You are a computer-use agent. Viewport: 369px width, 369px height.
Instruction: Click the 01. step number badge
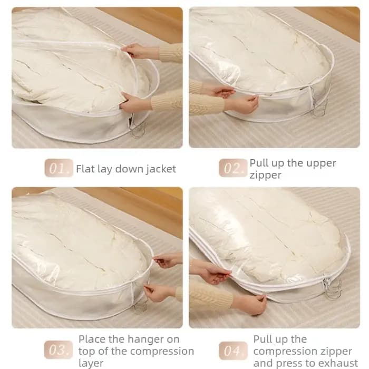[59, 168]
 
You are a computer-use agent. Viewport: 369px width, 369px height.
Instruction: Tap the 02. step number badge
[233, 168]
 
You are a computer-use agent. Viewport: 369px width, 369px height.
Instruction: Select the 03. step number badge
[59, 350]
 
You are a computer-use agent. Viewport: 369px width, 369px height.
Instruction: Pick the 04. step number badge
[233, 351]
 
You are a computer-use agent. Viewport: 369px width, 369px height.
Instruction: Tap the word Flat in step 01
[84, 169]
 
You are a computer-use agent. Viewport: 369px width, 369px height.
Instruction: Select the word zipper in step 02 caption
[265, 176]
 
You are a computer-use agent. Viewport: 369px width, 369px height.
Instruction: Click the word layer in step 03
[91, 364]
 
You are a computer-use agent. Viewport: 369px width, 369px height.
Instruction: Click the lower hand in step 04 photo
[250, 305]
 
